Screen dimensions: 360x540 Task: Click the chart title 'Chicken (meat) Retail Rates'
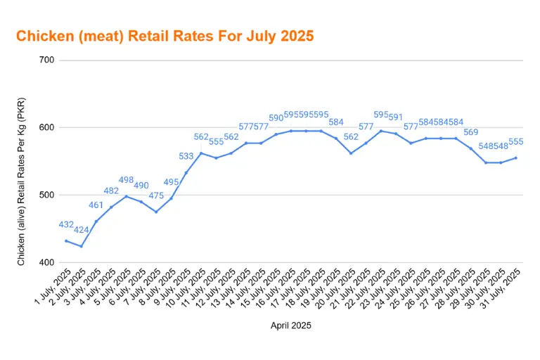tap(165, 35)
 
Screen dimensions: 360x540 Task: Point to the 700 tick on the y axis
tap(46, 60)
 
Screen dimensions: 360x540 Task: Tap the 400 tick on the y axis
tap(46, 262)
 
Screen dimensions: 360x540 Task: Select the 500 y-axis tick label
tap(46, 195)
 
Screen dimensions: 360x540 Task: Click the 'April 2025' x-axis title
tap(291, 326)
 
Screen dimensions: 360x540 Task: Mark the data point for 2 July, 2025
tap(82, 246)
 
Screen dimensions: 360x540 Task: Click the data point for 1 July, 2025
tap(66, 240)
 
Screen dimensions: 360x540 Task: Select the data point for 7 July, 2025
tap(156, 212)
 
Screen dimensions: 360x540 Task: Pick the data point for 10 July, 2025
tap(201, 153)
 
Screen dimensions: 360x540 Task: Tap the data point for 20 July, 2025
tap(351, 153)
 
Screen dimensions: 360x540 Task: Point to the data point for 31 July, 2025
tap(516, 157)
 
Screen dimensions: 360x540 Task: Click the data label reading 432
tap(66, 225)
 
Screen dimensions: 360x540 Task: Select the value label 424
tap(82, 230)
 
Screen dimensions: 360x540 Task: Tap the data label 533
tap(186, 157)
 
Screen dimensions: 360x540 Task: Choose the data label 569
tap(471, 132)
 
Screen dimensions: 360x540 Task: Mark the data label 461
tap(96, 205)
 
